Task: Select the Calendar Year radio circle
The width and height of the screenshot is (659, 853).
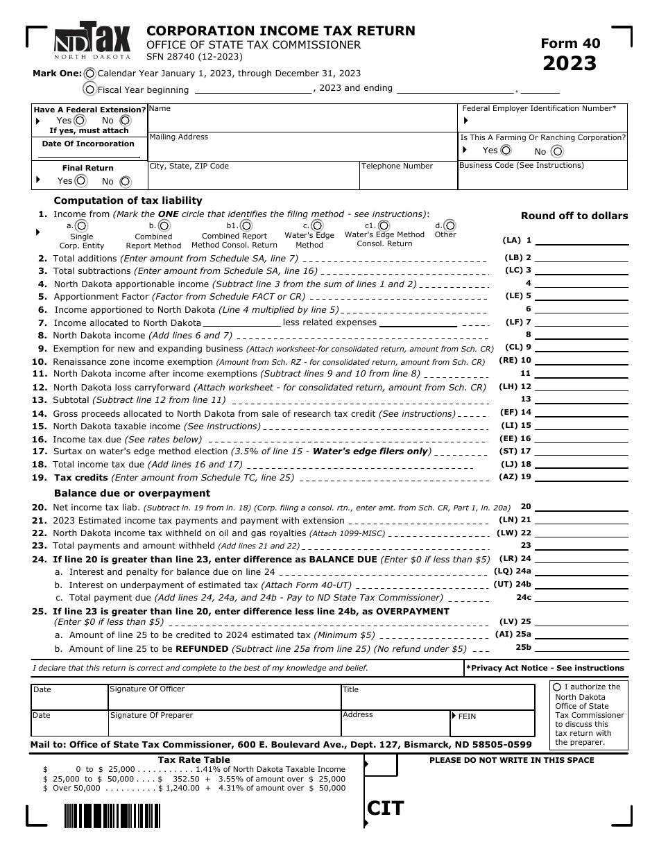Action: coord(90,74)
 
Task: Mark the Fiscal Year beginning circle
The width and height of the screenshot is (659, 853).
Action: coord(89,89)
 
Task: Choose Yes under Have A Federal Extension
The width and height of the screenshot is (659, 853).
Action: coord(80,120)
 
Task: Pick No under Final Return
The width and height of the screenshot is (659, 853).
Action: coord(125,182)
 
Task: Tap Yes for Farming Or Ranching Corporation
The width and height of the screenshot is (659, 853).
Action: coord(506,150)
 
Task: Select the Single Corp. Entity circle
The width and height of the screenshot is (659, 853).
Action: coord(81,225)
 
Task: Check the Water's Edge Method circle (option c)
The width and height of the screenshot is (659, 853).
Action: coord(317,225)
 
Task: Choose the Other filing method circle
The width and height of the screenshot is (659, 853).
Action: coord(450,225)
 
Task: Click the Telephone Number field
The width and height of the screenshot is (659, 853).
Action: coord(408,179)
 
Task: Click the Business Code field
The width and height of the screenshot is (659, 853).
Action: coord(542,179)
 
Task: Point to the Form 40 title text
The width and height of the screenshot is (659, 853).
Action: coord(570,43)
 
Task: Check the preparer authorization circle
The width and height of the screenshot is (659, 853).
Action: coord(557,687)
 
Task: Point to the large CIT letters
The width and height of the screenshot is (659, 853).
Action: coord(386,808)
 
